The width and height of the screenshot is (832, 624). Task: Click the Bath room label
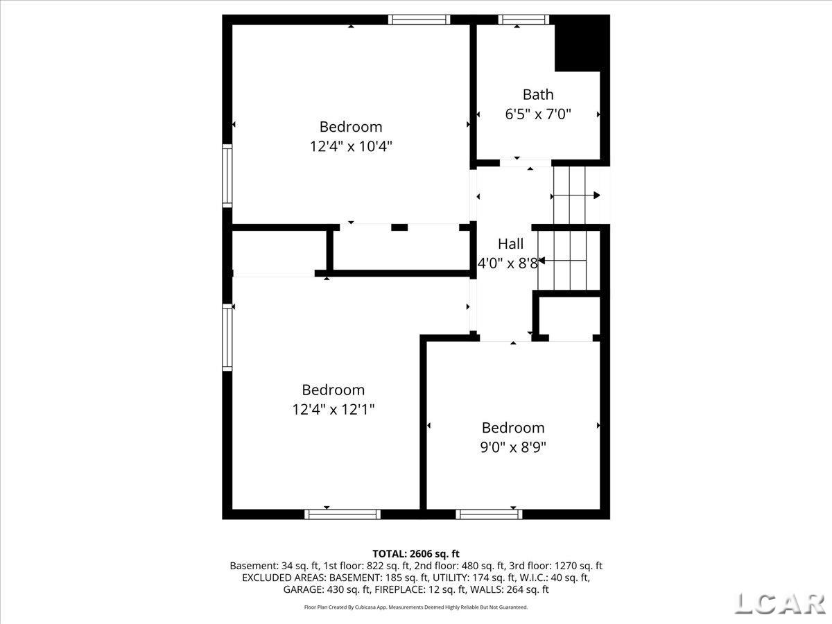(538, 94)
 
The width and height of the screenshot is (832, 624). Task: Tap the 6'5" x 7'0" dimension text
(538, 114)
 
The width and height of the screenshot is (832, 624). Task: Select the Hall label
(510, 244)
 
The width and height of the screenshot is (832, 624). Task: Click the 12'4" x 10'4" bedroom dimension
(351, 146)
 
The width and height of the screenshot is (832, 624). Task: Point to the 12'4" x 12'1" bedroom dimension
(333, 409)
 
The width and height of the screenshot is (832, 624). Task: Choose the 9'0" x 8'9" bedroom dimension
(513, 447)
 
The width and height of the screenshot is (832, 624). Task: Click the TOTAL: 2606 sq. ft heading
(416, 553)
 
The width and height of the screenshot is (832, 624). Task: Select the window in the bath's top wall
(523, 19)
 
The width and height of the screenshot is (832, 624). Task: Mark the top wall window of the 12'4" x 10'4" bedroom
(419, 19)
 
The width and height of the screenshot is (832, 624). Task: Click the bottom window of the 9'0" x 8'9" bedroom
(489, 514)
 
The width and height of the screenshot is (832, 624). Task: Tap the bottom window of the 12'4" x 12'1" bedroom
(343, 514)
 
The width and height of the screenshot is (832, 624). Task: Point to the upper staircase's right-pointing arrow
(596, 196)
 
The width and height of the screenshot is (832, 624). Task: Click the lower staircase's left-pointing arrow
(542, 261)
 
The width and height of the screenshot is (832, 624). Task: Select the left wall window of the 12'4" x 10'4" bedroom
(227, 175)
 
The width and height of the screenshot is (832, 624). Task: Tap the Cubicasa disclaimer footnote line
(416, 607)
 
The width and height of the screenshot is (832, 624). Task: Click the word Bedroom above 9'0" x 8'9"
(513, 428)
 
